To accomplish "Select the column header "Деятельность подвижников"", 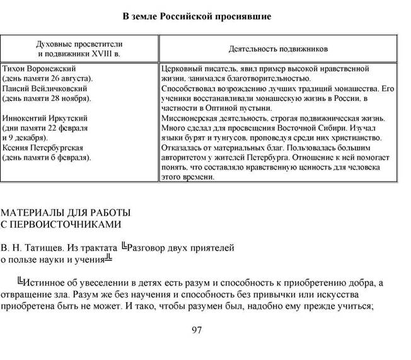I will [x=277, y=48].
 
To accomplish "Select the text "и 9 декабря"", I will [x=25, y=137].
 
